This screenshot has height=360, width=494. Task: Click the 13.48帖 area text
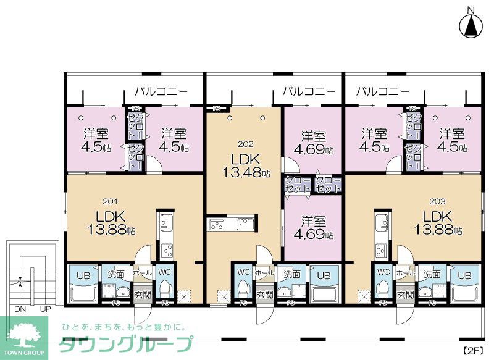244,174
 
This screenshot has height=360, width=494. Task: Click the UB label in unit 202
322,275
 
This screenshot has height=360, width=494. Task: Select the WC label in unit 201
164,272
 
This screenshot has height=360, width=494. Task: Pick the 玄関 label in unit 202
264,295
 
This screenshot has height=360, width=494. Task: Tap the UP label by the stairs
45,308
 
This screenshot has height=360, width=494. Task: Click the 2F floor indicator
473,351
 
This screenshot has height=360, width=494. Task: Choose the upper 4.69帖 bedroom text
314,143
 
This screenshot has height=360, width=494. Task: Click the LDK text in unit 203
437,217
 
